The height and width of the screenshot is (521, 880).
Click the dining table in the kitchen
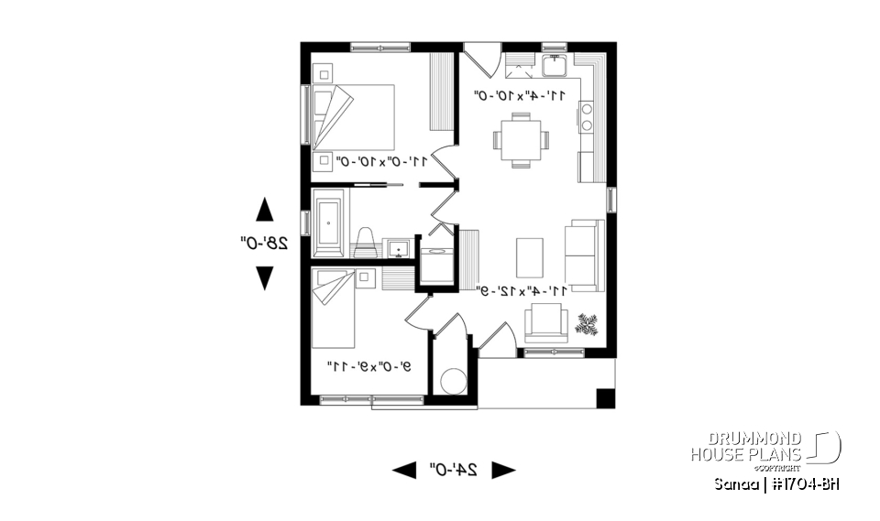520,140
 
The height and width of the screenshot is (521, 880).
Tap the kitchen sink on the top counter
554,65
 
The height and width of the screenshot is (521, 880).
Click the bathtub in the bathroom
327,223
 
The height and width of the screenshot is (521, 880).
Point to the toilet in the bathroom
364,243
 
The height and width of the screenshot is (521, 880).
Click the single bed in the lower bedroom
333,309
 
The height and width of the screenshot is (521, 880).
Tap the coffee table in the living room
529,255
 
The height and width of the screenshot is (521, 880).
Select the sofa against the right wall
584,255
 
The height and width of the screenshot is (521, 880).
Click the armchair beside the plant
546,323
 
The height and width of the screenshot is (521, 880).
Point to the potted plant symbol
587,323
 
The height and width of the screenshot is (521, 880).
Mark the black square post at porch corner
605,398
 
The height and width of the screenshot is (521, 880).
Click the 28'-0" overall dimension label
264,244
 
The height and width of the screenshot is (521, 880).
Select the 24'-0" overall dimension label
453,470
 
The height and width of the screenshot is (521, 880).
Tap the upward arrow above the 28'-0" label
264,210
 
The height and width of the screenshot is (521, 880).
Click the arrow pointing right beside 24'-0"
503,470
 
